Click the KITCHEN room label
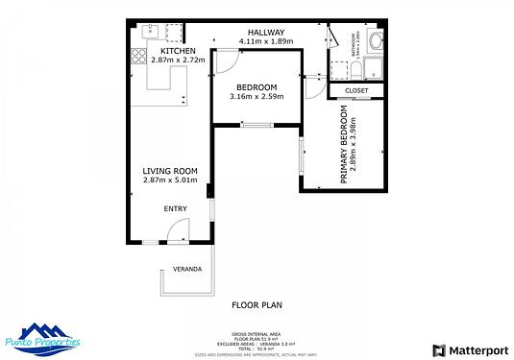pyautogui.click(x=179, y=51)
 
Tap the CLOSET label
pyautogui.click(x=355, y=92)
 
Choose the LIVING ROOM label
pyautogui.click(x=169, y=171)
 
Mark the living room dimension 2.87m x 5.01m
pyautogui.click(x=169, y=180)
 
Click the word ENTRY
pyautogui.click(x=175, y=208)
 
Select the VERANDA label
pyautogui.click(x=187, y=269)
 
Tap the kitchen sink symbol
pyautogui.click(x=151, y=30)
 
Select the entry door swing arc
pyautogui.click(x=178, y=230)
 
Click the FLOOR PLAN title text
pyautogui.click(x=257, y=306)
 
